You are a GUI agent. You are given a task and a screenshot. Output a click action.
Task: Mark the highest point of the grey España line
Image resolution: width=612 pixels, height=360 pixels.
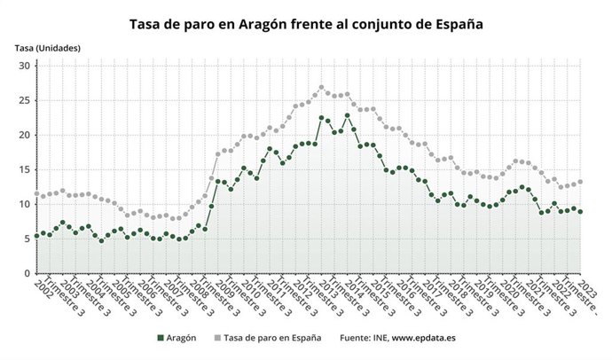pos(321,87)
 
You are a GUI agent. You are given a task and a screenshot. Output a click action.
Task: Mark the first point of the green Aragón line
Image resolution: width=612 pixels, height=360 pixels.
pos(36,236)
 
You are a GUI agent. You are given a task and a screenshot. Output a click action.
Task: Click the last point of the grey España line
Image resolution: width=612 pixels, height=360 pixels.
pos(580,182)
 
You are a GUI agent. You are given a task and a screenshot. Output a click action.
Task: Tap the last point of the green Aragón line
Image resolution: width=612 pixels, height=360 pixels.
pos(580,211)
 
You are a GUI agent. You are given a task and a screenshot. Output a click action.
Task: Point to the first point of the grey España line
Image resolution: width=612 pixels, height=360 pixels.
pos(36,193)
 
